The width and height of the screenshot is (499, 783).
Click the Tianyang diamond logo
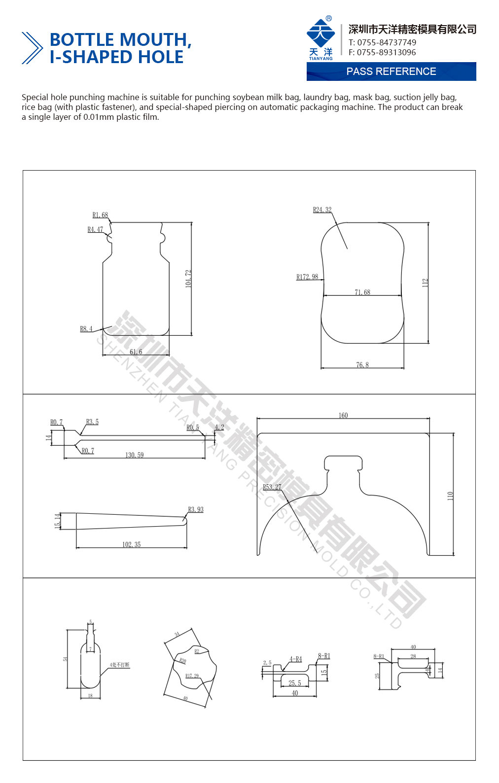pos(321,34)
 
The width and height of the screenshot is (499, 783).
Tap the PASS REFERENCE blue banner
pos(391,71)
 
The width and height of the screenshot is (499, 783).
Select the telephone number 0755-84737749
pos(387,42)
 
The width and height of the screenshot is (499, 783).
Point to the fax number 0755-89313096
pos(386,52)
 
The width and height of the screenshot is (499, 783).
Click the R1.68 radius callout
pos(100,215)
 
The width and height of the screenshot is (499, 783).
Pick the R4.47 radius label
pos(95,230)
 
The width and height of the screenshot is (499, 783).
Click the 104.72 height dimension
pos(188,279)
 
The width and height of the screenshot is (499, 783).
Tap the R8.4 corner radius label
pos(86,329)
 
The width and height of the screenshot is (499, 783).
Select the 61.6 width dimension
pos(136,352)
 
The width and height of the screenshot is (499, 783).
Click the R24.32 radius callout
pos(322,210)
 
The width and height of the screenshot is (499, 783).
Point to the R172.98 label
pos(307,277)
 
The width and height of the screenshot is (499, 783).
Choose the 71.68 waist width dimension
pos(362,292)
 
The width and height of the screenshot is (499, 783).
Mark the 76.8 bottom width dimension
pos(362,365)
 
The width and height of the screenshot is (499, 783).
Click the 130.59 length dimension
pos(134,455)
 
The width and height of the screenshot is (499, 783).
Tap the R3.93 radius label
pos(196,509)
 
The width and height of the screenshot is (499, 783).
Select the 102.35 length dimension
pos(132,544)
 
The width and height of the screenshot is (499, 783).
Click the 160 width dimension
pos(343,416)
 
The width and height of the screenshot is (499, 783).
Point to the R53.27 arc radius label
pos(272,487)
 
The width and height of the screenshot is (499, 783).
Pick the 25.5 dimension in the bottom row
pos(295,683)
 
